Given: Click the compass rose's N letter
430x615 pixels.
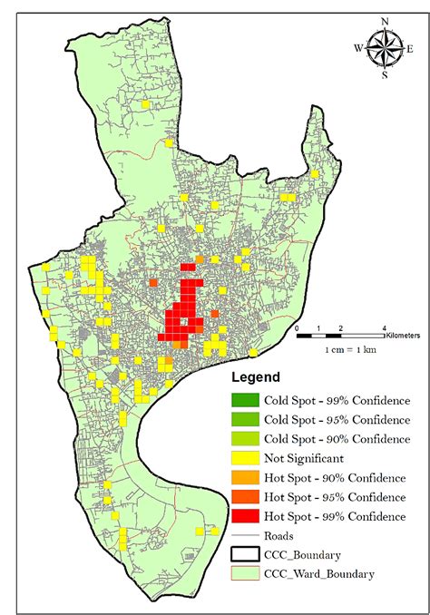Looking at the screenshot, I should click(385, 22).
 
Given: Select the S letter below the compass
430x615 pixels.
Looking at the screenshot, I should click(385, 75).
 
